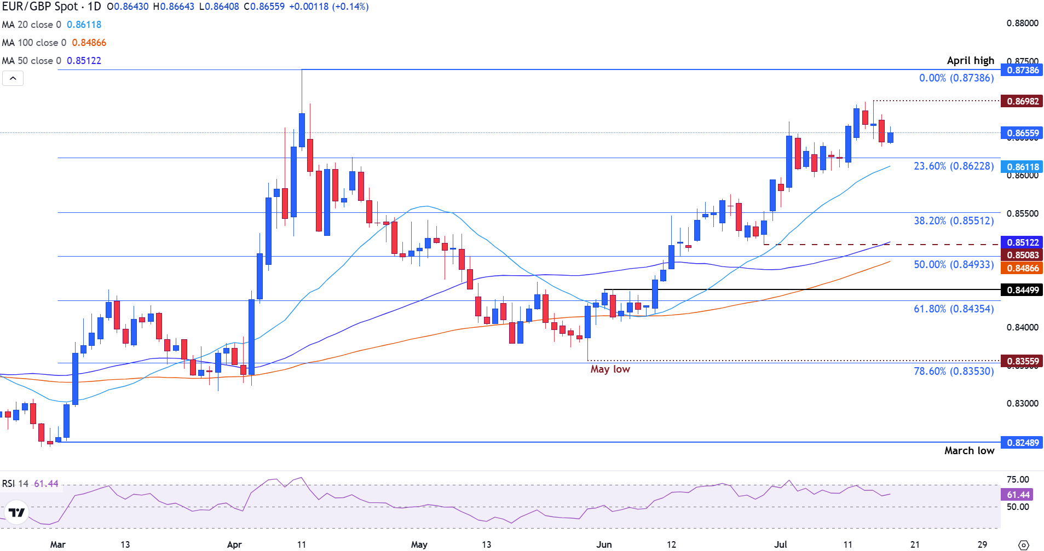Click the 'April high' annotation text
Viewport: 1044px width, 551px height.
tap(970, 61)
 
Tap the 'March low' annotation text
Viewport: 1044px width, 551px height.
tap(969, 451)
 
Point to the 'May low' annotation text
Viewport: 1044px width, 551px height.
tap(610, 369)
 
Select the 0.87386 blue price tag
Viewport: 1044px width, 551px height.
tap(1022, 70)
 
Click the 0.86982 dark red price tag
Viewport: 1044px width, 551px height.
tap(1022, 101)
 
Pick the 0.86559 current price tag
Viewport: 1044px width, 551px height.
tap(1022, 133)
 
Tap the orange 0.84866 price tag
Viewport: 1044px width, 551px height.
tap(1022, 268)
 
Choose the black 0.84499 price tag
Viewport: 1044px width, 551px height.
tap(1022, 290)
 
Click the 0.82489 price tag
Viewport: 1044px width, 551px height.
tap(1022, 443)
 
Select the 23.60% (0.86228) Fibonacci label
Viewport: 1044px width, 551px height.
tap(953, 166)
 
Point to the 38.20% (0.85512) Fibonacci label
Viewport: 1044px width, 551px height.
tap(953, 221)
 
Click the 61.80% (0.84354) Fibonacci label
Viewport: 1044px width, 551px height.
tap(953, 309)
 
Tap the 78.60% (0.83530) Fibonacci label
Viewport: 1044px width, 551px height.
tap(953, 371)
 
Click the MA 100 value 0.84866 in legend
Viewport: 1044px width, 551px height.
tap(89, 43)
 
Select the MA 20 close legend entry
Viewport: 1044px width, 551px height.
tap(31, 25)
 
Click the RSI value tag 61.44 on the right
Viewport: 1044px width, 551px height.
tap(1018, 495)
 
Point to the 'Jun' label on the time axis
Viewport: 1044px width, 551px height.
tap(604, 544)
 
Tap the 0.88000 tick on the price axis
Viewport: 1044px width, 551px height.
tap(1022, 23)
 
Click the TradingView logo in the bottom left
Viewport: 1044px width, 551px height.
tap(16, 513)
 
